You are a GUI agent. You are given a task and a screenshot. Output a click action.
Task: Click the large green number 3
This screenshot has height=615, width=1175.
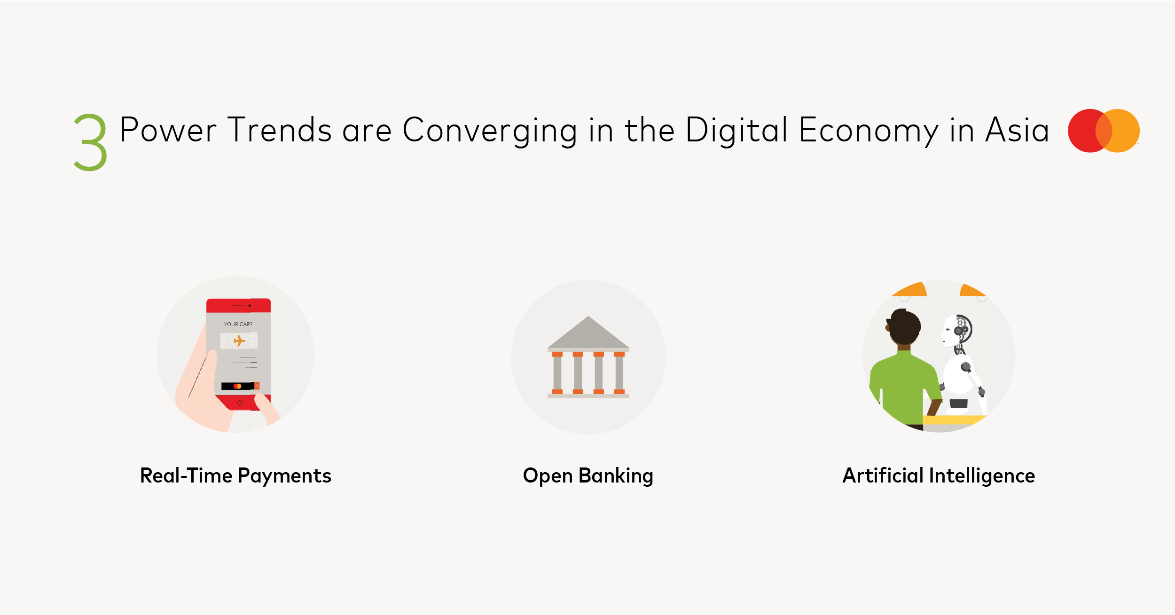(91, 142)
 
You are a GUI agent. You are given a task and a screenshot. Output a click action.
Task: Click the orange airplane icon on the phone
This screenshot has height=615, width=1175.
(239, 341)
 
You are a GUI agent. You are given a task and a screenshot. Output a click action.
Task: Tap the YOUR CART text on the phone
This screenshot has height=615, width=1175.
(238, 324)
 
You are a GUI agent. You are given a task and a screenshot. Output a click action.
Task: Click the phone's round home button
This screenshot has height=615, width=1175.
(240, 403)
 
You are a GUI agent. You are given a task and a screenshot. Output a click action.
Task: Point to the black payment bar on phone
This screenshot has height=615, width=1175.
(238, 386)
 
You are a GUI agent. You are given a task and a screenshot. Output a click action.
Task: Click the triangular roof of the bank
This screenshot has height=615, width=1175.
(588, 332)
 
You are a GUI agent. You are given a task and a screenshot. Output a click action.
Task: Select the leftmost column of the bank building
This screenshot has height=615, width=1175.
(557, 373)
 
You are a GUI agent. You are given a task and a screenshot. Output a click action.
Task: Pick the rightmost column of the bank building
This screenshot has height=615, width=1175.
(619, 373)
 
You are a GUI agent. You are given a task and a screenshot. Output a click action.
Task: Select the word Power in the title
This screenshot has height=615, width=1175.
(168, 130)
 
